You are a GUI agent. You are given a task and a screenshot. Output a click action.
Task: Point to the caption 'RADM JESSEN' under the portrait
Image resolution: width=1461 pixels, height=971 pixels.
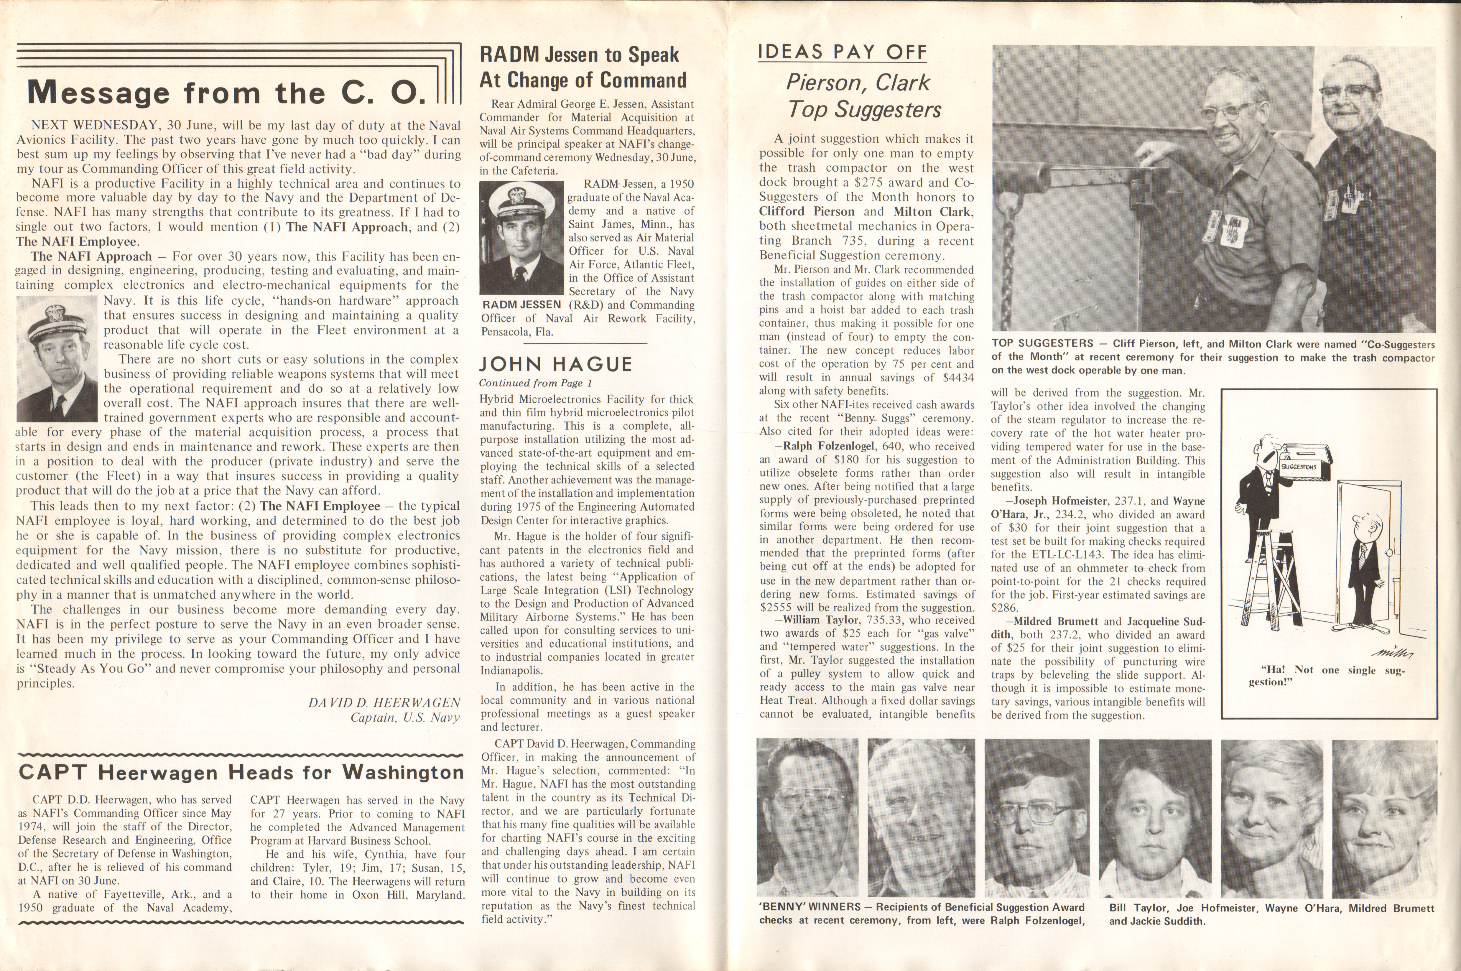(521, 305)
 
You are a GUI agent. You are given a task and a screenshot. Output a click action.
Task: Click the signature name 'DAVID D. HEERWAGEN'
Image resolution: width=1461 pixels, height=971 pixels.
(384, 703)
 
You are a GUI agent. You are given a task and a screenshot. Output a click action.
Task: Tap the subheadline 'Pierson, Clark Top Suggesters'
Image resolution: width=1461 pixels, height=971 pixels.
(864, 96)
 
